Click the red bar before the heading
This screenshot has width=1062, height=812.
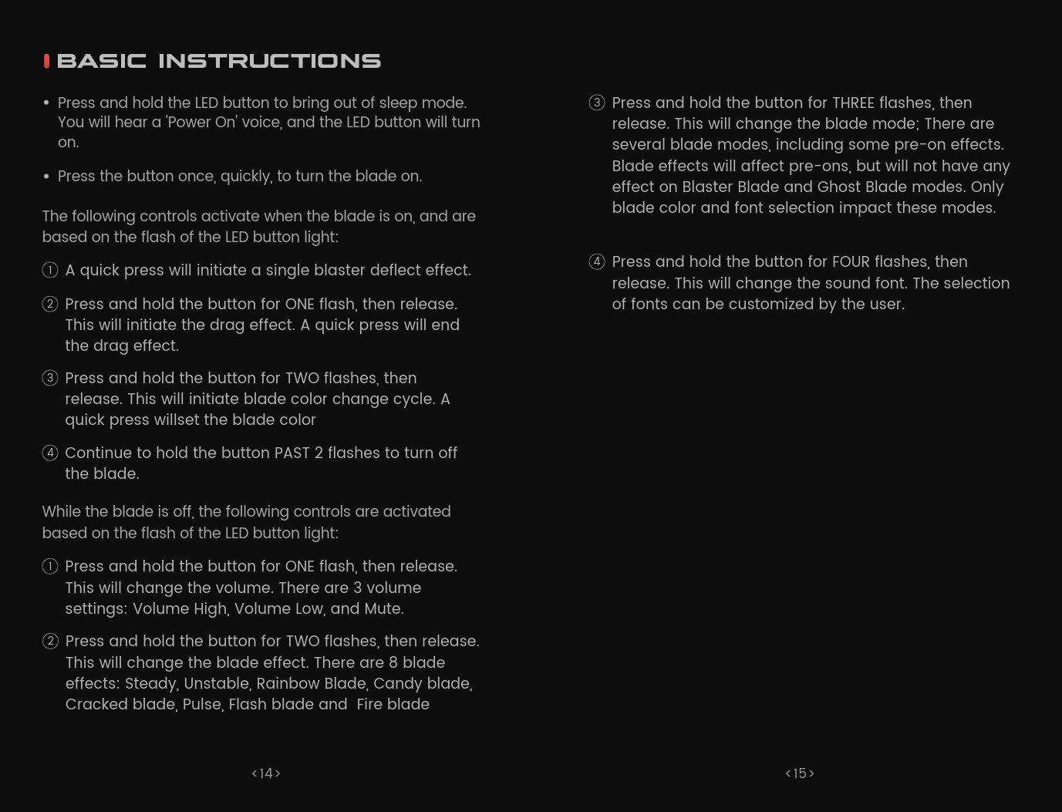pyautogui.click(x=47, y=62)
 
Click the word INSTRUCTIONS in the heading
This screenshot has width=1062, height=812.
pyautogui.click(x=269, y=61)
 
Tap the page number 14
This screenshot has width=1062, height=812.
pyautogui.click(x=266, y=773)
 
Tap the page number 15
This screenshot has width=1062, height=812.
pyautogui.click(x=800, y=773)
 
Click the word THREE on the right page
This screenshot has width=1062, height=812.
pyautogui.click(x=852, y=103)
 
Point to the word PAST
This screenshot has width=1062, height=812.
pyautogui.click(x=292, y=453)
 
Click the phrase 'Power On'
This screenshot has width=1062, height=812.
pyautogui.click(x=202, y=123)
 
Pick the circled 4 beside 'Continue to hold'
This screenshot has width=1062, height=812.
pyautogui.click(x=50, y=453)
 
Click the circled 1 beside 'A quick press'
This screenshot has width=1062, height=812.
pyautogui.click(x=50, y=270)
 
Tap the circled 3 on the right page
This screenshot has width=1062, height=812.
pyautogui.click(x=597, y=103)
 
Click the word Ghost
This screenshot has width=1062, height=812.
pyautogui.click(x=838, y=187)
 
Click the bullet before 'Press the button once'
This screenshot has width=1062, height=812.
pyautogui.click(x=46, y=177)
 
